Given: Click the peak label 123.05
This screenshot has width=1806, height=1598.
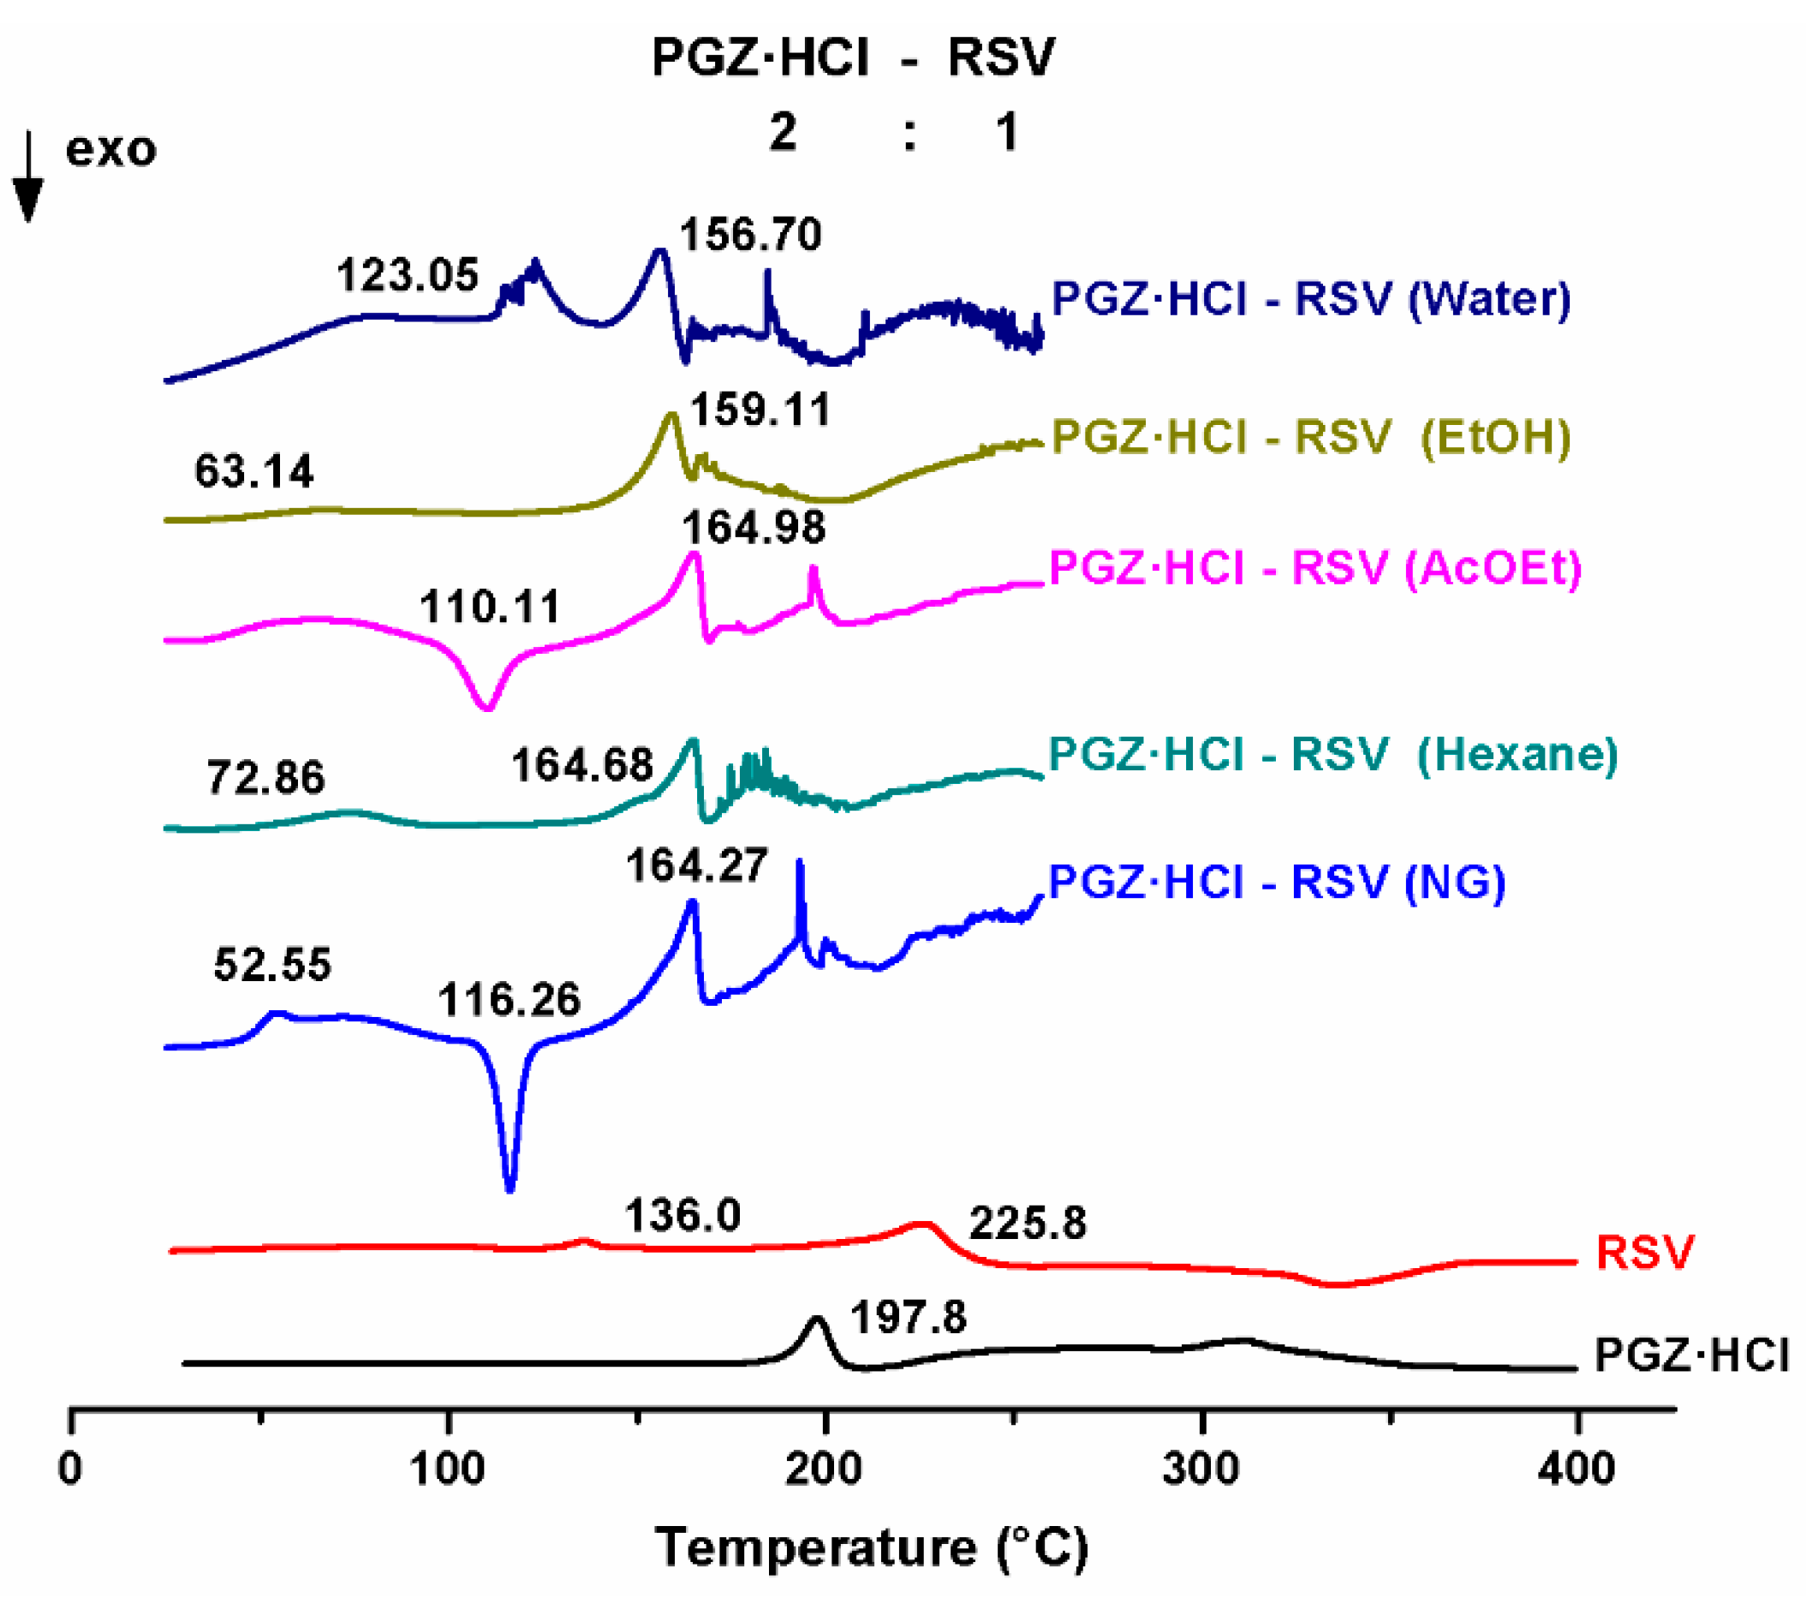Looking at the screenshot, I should pos(408,275).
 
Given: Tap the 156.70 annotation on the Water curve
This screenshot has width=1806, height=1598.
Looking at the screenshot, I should pos(751,235).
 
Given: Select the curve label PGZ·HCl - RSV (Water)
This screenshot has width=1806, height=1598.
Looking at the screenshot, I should pos(1311,299).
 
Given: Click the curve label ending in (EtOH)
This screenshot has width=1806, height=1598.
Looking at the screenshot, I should pos(1311,437).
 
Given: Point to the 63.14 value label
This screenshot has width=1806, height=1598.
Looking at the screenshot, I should pos(254,471).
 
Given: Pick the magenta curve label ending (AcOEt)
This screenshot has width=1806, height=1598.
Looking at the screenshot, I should pos(1314,567).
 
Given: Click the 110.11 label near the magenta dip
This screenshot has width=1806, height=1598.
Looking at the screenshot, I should pos(491,607).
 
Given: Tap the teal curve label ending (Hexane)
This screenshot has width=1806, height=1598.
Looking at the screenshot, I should pos(1332,754).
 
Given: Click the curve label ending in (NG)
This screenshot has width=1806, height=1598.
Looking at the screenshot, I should pos(1277,882).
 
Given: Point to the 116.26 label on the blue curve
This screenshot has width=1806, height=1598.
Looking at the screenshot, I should pos(510,1001).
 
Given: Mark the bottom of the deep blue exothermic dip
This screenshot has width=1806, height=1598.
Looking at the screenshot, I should pos(510,1188).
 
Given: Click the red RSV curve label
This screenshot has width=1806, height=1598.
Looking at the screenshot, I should pos(1644,1253).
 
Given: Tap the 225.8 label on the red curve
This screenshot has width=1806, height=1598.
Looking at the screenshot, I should pos(1028,1224).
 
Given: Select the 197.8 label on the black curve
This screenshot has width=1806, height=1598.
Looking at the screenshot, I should pos(909,1318).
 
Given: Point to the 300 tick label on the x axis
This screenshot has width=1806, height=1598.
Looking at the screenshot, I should pos(1201,1469).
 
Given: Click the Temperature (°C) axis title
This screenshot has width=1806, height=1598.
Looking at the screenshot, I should pos(871,1547).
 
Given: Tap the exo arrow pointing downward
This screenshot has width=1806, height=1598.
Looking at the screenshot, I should pos(28,177).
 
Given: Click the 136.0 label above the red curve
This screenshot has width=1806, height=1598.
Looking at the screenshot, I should pos(683,1216).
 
